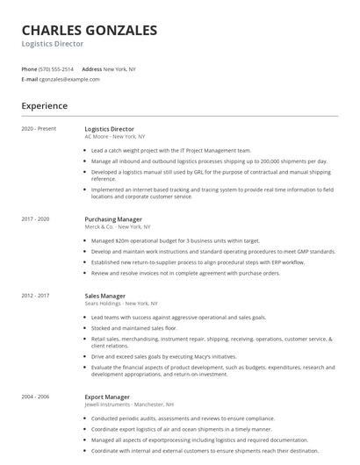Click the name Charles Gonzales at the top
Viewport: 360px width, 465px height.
click(89, 31)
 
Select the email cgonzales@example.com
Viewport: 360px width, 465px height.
click(69, 79)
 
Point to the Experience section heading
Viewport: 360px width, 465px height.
click(44, 106)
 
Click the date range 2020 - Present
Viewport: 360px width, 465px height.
click(39, 129)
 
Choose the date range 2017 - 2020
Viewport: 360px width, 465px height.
click(36, 218)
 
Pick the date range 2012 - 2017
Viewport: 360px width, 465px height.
click(36, 296)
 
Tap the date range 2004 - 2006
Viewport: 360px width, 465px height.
click(36, 397)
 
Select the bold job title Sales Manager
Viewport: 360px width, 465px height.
click(105, 296)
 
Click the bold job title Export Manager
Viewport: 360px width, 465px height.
click(107, 397)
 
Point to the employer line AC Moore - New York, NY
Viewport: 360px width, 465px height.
click(115, 137)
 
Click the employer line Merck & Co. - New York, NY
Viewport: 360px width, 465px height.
click(119, 226)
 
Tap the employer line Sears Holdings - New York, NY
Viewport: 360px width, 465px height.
click(123, 304)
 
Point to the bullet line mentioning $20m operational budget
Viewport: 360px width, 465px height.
click(176, 240)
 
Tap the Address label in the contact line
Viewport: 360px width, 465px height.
click(91, 68)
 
